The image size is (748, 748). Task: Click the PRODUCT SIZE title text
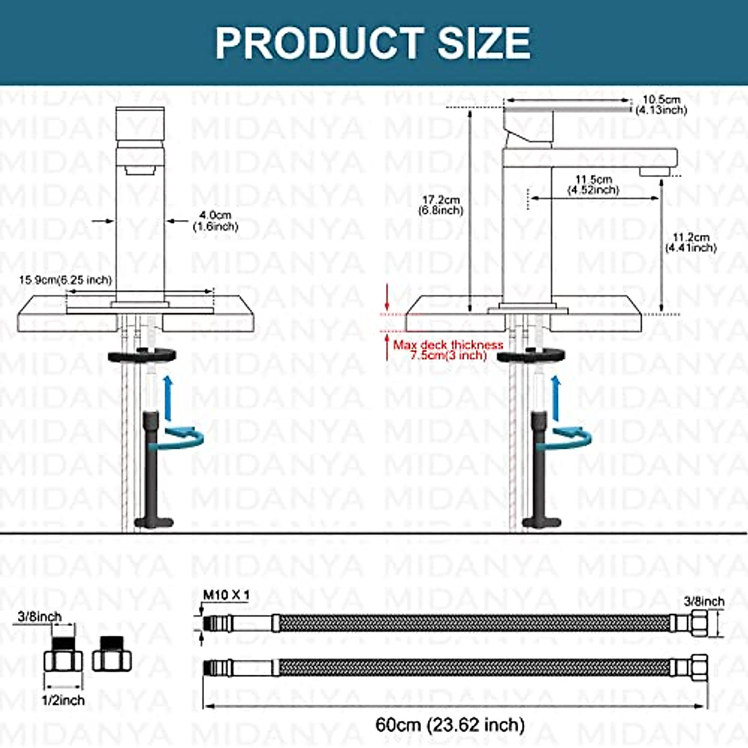click(x=373, y=42)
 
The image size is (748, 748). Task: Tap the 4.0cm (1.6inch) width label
click(x=215, y=221)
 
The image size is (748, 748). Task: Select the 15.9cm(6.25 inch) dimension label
click(x=65, y=280)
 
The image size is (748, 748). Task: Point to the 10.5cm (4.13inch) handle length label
click(x=661, y=105)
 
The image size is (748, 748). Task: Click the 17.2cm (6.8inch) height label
click(x=441, y=205)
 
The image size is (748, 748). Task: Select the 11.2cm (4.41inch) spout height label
click(x=691, y=242)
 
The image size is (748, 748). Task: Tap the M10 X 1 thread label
click(x=226, y=595)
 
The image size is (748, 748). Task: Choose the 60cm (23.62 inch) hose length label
click(x=450, y=725)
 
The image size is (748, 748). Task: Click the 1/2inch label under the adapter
click(x=63, y=701)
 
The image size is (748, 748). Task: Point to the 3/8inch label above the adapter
click(x=40, y=616)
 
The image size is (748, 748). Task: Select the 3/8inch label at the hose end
click(x=704, y=602)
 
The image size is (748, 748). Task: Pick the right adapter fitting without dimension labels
click(x=113, y=656)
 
